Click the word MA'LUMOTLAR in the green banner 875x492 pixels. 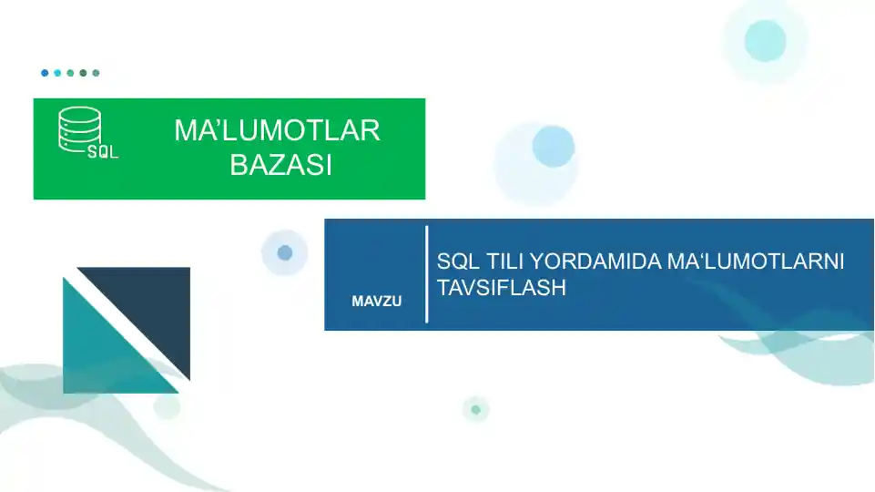coord(277,130)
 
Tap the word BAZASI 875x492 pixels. coord(281,165)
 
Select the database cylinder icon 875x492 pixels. coord(80,129)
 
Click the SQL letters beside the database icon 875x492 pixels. coord(103,151)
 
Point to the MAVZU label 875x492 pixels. coord(377,302)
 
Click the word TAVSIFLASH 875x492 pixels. coord(501,288)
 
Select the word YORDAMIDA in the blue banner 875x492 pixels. coord(595,261)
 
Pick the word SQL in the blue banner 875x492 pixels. coord(458,261)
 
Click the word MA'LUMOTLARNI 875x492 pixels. coord(756,261)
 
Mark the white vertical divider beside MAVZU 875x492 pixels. coord(427,274)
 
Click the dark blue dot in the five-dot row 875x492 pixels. coord(45,73)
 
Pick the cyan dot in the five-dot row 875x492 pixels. coord(57,73)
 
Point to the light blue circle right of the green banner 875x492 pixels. coord(553,147)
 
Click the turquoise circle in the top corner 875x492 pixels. coord(765,41)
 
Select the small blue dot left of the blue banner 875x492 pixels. coord(285,252)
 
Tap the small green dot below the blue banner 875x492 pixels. coord(476,410)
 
